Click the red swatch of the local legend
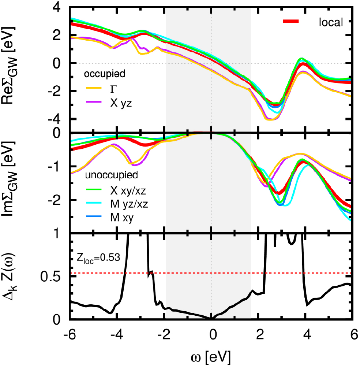pos(291,22)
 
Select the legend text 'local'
pos(330,22)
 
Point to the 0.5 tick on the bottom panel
pos(54,277)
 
